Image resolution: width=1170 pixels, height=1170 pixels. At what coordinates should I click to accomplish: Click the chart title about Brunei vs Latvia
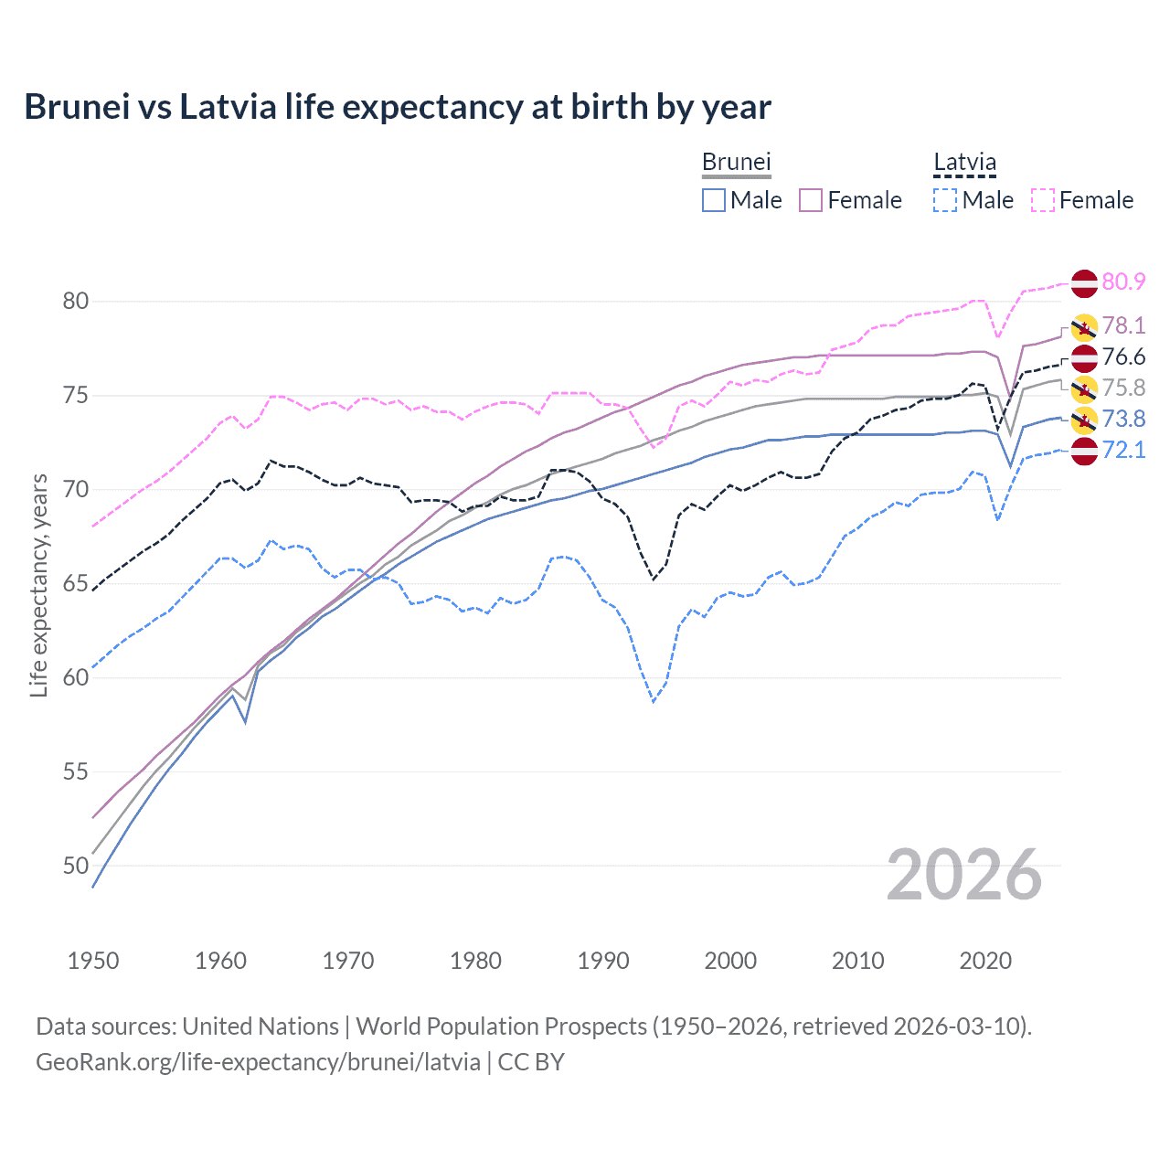coord(398,107)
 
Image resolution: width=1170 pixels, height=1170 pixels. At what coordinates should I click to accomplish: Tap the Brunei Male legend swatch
coord(714,200)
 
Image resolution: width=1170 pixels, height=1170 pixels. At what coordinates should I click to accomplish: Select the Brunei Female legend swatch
coord(811,200)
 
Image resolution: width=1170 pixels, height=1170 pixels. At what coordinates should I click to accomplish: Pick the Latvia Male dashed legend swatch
coord(945,200)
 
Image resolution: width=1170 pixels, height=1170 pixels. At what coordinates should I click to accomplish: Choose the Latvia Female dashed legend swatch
coord(1043,200)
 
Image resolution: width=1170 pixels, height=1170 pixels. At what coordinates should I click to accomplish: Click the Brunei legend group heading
coord(737,162)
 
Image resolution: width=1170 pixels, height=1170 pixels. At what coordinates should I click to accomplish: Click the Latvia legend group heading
coord(964,162)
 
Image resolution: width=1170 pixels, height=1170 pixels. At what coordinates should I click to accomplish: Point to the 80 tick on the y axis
coord(76,301)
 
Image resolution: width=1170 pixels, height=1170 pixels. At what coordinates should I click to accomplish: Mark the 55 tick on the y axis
coord(76,771)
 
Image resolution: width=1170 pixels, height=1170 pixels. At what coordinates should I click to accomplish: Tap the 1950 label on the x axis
coord(93,961)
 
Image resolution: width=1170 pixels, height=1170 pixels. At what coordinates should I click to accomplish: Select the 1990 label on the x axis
coord(603,961)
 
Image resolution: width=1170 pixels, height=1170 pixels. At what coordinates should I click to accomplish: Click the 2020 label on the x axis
coord(985,961)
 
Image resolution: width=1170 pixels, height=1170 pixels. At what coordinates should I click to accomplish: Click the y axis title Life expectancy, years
coord(39,585)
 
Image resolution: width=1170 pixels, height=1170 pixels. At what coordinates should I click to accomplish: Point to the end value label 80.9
coord(1123,282)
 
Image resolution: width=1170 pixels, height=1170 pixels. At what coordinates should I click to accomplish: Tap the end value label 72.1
coord(1123,450)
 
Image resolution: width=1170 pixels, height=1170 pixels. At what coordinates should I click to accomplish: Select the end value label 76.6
coord(1123,357)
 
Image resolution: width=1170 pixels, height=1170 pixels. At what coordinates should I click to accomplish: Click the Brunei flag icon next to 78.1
coord(1084,326)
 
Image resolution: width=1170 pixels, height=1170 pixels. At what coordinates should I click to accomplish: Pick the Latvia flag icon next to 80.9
coord(1084,283)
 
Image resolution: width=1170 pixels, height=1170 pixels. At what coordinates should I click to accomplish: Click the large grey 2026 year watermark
coord(964,875)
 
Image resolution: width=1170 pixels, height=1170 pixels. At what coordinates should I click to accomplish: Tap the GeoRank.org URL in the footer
coord(258,1062)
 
